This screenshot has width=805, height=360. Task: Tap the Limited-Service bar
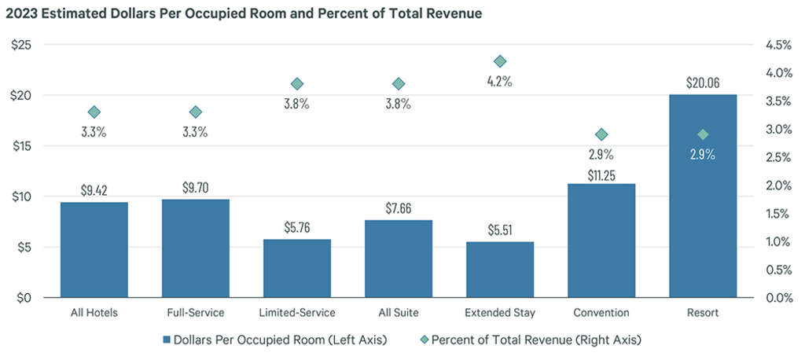coord(296,269)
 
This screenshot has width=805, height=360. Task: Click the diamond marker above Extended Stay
coord(500,61)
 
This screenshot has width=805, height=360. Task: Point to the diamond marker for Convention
coord(601,134)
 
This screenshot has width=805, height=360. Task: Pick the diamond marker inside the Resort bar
coord(703,134)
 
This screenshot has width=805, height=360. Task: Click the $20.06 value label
coord(702,83)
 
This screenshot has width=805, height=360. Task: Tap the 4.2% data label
coord(500,81)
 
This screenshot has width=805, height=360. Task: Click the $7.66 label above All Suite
coord(398,209)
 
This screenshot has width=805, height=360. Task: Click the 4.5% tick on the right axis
coord(777,45)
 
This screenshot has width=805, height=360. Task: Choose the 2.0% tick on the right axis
coord(777,186)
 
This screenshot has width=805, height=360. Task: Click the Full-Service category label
coord(195,313)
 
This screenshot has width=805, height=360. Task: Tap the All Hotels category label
coord(94,313)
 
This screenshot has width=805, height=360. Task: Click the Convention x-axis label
coord(601,313)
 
